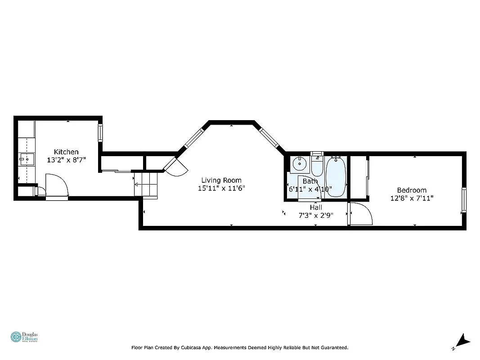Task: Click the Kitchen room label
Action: (x=66, y=152)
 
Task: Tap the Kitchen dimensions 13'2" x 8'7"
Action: (x=66, y=159)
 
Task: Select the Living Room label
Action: (x=221, y=180)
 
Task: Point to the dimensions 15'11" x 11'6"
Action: (x=221, y=188)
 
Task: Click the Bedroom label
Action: (x=411, y=190)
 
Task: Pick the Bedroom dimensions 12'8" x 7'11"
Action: (x=411, y=198)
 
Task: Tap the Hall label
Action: (x=316, y=207)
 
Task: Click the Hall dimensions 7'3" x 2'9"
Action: (x=316, y=215)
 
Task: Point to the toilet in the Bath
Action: (x=317, y=165)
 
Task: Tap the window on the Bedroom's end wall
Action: (x=463, y=200)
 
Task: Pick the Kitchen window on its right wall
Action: (x=100, y=133)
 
